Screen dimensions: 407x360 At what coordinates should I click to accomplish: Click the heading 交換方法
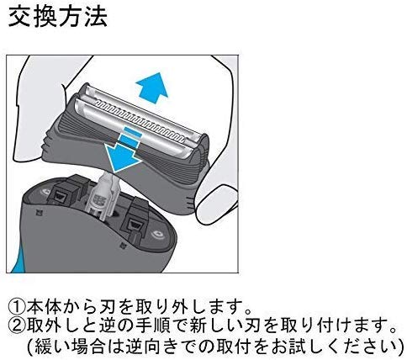tap(58, 17)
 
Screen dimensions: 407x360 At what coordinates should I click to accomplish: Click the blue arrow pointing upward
tap(152, 87)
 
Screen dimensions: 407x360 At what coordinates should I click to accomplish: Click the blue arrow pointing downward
tap(124, 151)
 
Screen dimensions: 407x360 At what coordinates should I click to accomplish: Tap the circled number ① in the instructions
tap(17, 308)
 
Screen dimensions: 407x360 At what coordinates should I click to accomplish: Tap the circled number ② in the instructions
tap(17, 326)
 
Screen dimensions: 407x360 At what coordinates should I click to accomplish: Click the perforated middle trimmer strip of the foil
tap(140, 119)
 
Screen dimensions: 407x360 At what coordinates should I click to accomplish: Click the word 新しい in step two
tap(217, 326)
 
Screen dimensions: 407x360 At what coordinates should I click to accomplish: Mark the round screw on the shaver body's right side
tap(156, 235)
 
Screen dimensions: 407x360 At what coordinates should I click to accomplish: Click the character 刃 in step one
tap(108, 308)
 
